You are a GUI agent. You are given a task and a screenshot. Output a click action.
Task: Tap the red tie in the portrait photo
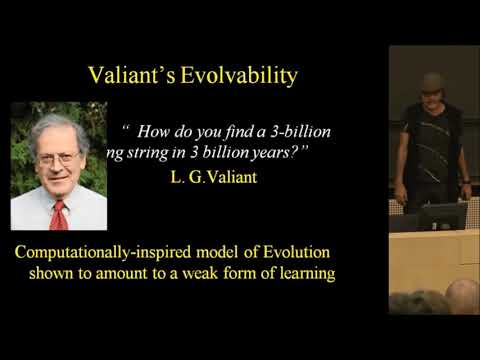tap(58, 212)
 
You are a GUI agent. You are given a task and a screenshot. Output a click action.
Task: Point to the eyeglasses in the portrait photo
tap(58, 157)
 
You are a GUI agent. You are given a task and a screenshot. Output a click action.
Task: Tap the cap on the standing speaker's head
tap(431, 81)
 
